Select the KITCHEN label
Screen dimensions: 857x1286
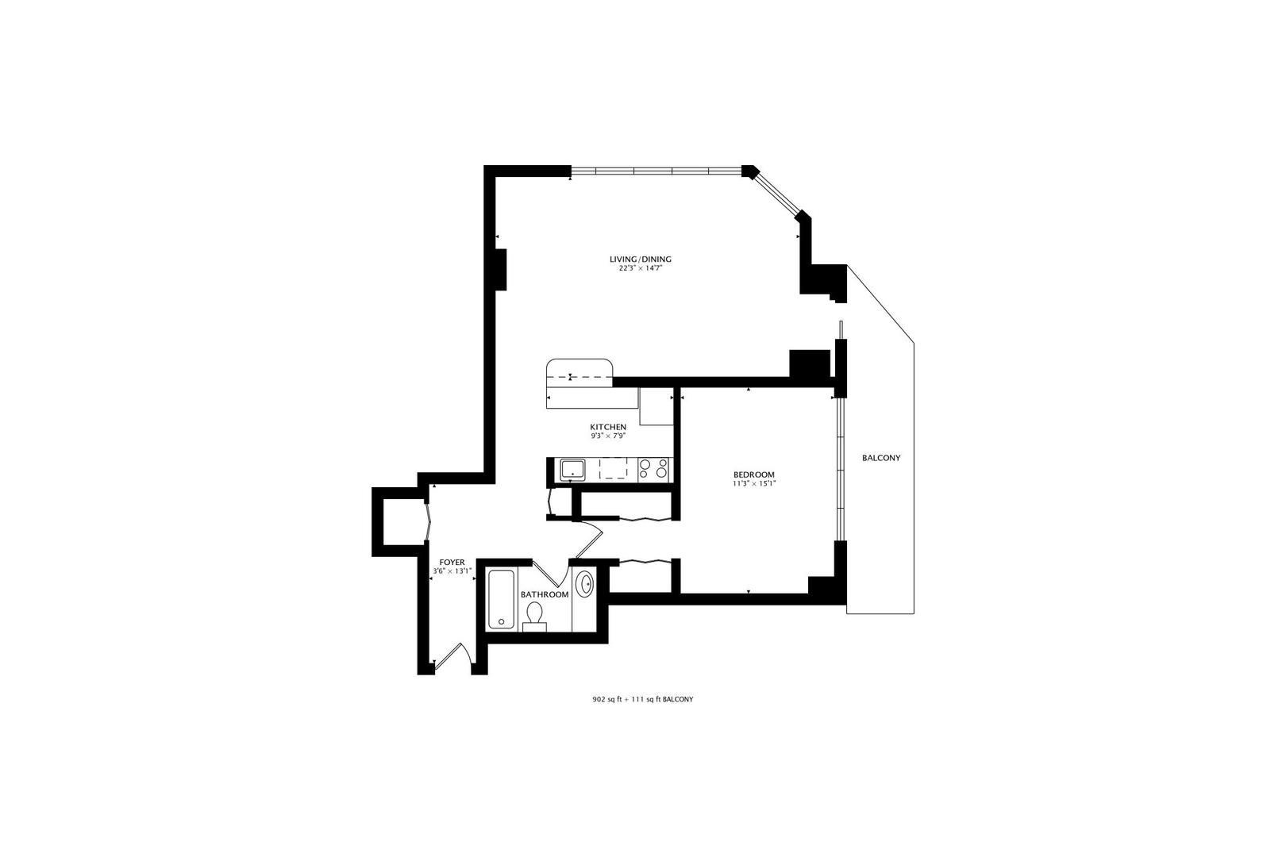[x=607, y=427]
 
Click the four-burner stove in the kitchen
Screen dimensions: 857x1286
[x=653, y=470]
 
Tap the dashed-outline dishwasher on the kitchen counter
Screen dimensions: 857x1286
[x=612, y=469]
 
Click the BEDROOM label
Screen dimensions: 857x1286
[x=753, y=475]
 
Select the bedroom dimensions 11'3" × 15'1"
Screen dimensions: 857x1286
[x=753, y=483]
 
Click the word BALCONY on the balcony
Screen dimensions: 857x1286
[x=881, y=458]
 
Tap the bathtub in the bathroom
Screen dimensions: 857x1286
[x=501, y=599]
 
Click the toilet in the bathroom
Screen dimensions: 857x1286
[x=535, y=616]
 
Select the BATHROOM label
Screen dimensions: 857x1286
[x=545, y=594]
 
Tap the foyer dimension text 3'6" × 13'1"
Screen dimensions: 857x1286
[x=452, y=571]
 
